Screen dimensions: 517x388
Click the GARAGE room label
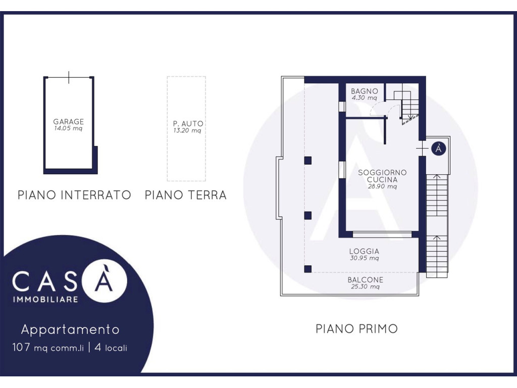click(x=69, y=121)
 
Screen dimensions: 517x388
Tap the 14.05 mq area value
click(x=68, y=128)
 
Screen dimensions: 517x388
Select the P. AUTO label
click(x=188, y=123)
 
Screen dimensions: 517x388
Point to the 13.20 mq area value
click(x=187, y=130)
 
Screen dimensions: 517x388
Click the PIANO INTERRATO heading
click(x=74, y=195)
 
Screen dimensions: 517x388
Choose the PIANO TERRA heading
click(x=186, y=195)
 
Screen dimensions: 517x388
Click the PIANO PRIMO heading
click(x=357, y=328)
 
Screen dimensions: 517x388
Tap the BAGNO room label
click(x=365, y=91)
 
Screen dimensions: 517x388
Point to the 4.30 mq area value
click(x=364, y=98)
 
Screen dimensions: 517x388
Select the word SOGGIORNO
click(x=382, y=172)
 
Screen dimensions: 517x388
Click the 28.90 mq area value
click(x=382, y=186)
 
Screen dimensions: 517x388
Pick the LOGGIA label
click(x=365, y=251)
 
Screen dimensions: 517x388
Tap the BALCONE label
click(x=366, y=280)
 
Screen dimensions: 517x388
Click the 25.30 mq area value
click(x=365, y=287)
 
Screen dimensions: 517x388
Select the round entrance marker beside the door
click(x=439, y=149)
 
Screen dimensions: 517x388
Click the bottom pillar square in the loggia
click(x=307, y=269)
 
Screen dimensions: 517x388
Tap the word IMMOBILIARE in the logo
click(x=45, y=300)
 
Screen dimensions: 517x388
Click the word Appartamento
click(x=70, y=329)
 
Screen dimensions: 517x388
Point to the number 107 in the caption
click(x=21, y=348)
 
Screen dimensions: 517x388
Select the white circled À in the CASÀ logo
click(x=104, y=281)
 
